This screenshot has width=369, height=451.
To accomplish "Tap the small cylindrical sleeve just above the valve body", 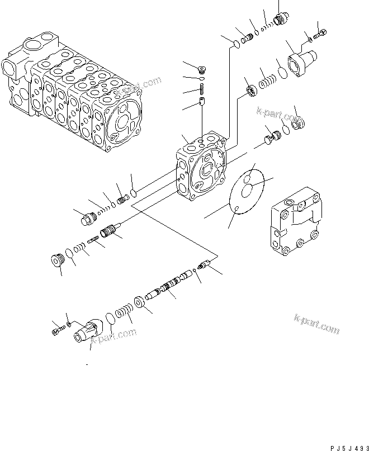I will pos(202,102).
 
